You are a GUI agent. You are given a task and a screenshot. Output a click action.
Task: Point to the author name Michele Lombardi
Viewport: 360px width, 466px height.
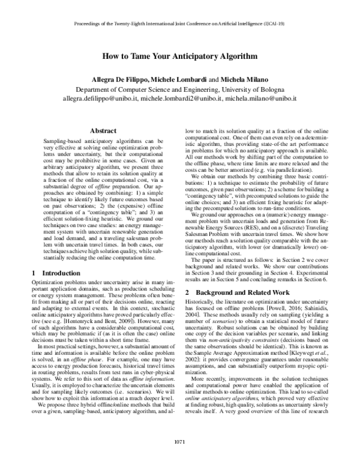175,80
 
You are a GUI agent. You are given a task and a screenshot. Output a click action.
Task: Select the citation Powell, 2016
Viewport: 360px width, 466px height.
277,316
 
